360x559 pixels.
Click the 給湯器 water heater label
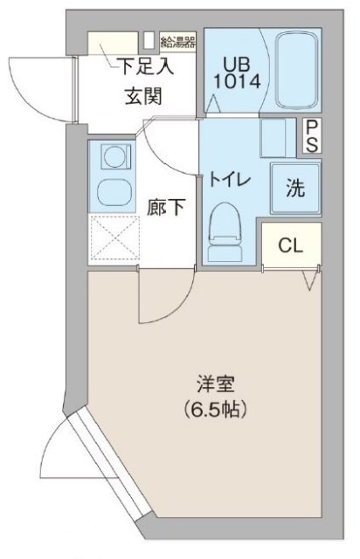(x=177, y=40)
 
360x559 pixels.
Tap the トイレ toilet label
(x=228, y=179)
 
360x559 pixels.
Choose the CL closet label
(x=290, y=245)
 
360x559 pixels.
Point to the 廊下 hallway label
(x=165, y=209)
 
